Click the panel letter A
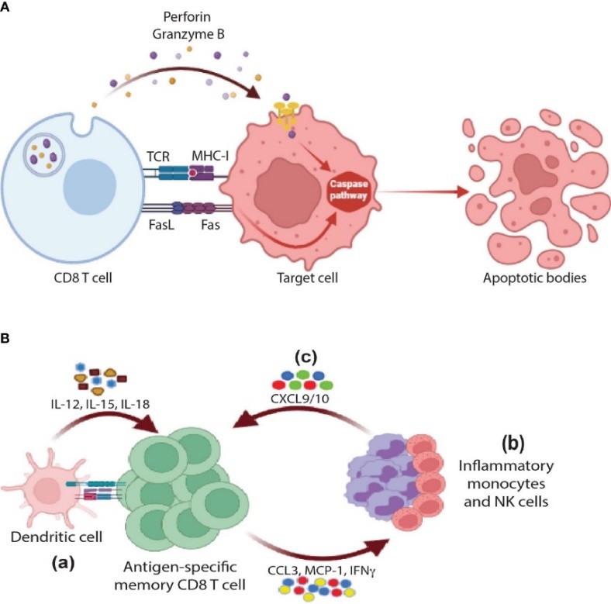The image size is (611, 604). pos(7,7)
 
